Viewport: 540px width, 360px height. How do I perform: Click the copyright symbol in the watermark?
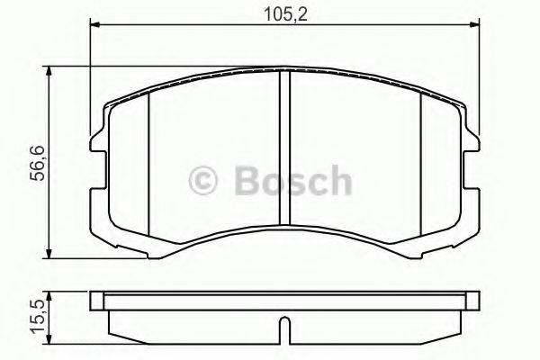207,181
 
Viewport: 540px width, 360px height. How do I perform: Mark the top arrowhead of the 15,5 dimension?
48,294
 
